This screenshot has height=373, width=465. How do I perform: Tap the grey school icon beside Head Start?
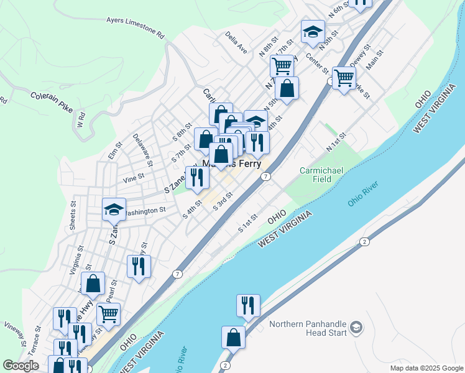point(356,327)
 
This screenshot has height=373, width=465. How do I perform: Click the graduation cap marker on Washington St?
point(114,210)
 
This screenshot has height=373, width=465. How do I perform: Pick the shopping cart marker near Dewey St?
point(344,78)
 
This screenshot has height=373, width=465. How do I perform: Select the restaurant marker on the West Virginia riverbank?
point(247,305)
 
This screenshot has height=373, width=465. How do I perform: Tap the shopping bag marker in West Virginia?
point(233,338)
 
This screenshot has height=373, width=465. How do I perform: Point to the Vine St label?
point(134,177)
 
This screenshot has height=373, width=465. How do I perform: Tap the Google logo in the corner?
point(21,366)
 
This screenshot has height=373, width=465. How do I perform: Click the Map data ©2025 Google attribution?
point(426,368)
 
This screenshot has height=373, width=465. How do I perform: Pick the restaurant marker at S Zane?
point(198,177)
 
